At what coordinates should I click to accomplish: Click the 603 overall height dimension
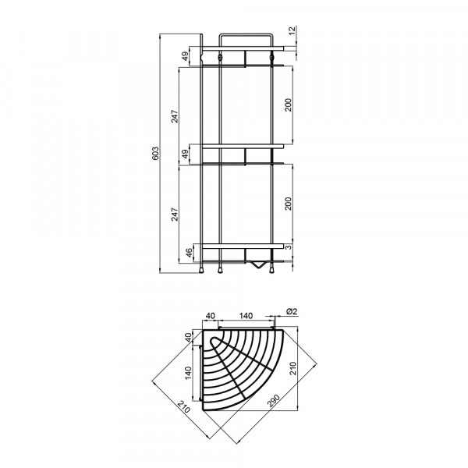click(155, 153)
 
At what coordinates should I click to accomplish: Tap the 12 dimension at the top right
click(292, 30)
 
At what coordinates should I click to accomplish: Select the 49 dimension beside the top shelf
click(186, 56)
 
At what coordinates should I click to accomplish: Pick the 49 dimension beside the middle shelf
click(186, 154)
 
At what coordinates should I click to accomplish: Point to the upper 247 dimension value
click(175, 116)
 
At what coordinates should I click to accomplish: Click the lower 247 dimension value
click(175, 214)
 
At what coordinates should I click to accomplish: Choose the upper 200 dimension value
click(288, 105)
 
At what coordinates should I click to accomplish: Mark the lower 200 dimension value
click(288, 204)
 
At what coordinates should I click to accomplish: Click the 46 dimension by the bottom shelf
click(189, 253)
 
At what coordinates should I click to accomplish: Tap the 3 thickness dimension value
click(288, 247)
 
